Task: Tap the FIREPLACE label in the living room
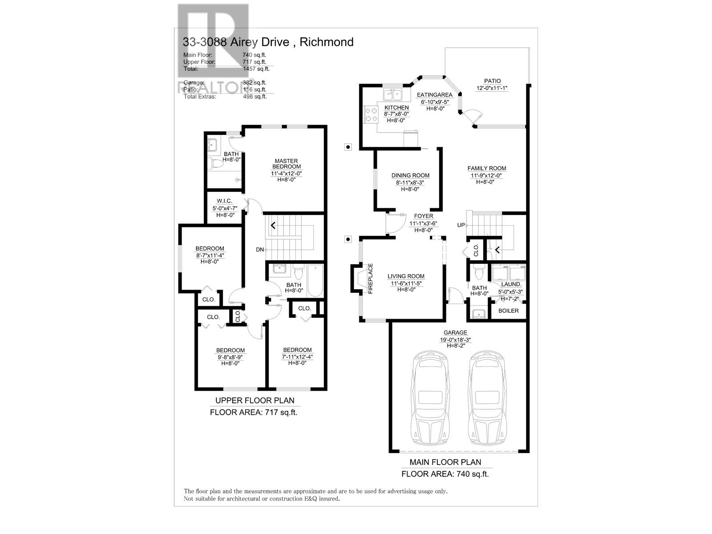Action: [x=370, y=279]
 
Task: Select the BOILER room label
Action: [x=508, y=311]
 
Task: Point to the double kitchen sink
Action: [x=393, y=94]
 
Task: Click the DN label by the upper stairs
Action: [x=260, y=250]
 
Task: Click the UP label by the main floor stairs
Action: [x=461, y=225]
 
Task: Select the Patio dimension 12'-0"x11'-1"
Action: [x=492, y=88]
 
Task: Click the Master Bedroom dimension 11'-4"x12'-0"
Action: [x=286, y=173]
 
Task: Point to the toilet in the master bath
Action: [x=216, y=164]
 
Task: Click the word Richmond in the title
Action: [x=326, y=42]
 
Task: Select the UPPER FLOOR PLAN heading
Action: [x=255, y=400]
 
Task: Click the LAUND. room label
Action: [x=511, y=284]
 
